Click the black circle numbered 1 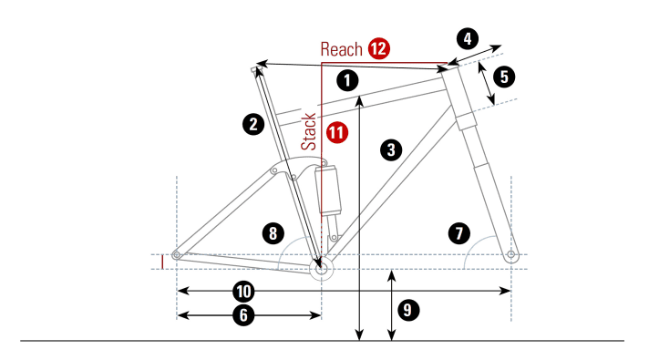point(346,78)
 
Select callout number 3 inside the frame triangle point(391,149)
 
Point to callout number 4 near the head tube point(467,39)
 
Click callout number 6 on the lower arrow point(242,315)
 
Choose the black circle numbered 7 point(459,232)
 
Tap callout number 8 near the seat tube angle point(273,232)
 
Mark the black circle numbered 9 point(409,310)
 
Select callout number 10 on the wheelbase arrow point(242,291)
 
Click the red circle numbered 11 point(337,133)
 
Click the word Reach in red point(341,49)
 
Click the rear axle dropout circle point(178,254)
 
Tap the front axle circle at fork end point(511,253)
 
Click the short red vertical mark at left point(162,262)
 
